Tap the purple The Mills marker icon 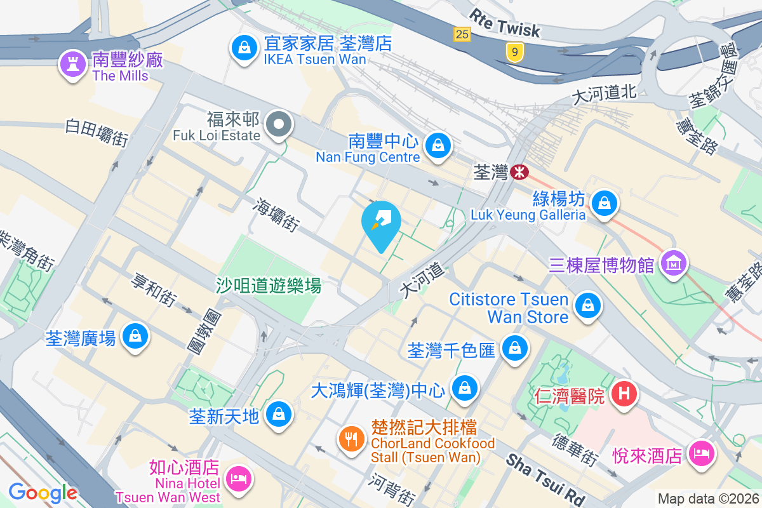point(72,63)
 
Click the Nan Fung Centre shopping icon point(438,145)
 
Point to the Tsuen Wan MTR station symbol point(519,171)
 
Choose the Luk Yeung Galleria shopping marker point(605,203)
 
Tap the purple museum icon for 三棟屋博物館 point(673,262)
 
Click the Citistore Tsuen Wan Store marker point(587,305)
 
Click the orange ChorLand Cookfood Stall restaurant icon point(351,437)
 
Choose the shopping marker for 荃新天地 point(278,413)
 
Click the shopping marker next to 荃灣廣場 point(135,335)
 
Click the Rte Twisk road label point(505,23)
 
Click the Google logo point(43,492)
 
